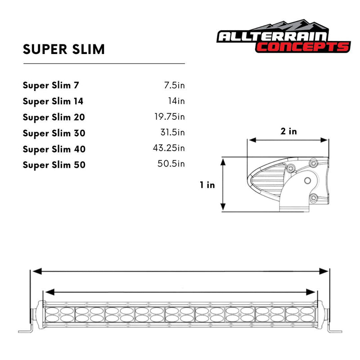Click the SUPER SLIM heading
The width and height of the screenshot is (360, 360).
click(x=63, y=49)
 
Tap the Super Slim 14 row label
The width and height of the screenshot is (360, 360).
click(x=53, y=101)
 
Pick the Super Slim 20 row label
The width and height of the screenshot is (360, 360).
click(x=54, y=117)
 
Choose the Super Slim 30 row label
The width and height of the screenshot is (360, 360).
click(x=54, y=133)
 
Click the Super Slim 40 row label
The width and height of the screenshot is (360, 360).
click(x=54, y=149)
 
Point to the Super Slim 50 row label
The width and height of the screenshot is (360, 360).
click(x=54, y=165)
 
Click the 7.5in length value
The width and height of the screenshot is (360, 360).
click(x=174, y=85)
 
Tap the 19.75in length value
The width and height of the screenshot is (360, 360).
click(x=169, y=117)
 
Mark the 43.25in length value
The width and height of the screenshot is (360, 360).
click(x=169, y=148)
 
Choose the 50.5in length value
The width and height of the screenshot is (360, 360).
click(x=171, y=164)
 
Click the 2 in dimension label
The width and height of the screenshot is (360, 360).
click(x=288, y=131)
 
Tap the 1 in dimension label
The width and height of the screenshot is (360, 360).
click(x=207, y=184)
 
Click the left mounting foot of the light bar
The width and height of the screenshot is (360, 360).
click(x=27, y=331)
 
